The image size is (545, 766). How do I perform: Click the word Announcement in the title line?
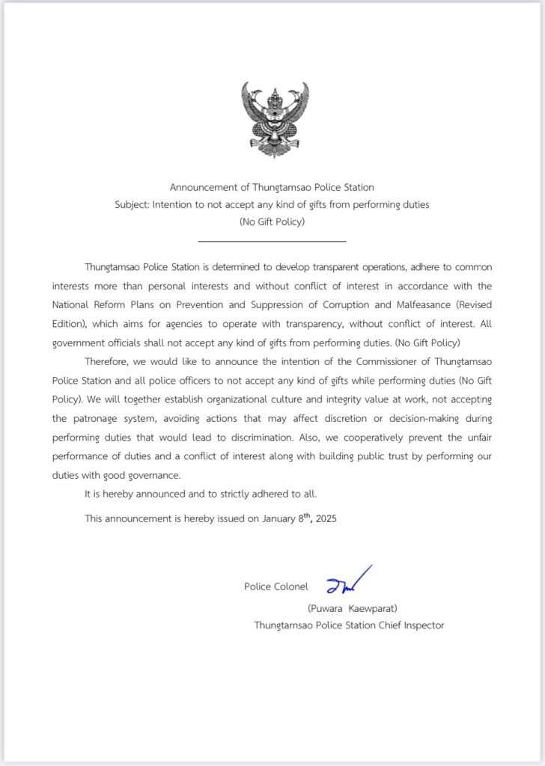(x=201, y=187)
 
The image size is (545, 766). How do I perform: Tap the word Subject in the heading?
(x=132, y=204)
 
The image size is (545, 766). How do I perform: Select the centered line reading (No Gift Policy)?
(x=272, y=222)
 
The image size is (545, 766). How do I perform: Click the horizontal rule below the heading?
(x=272, y=241)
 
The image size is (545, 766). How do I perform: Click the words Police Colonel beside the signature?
(x=275, y=586)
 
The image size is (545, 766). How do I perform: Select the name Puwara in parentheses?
(x=328, y=608)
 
